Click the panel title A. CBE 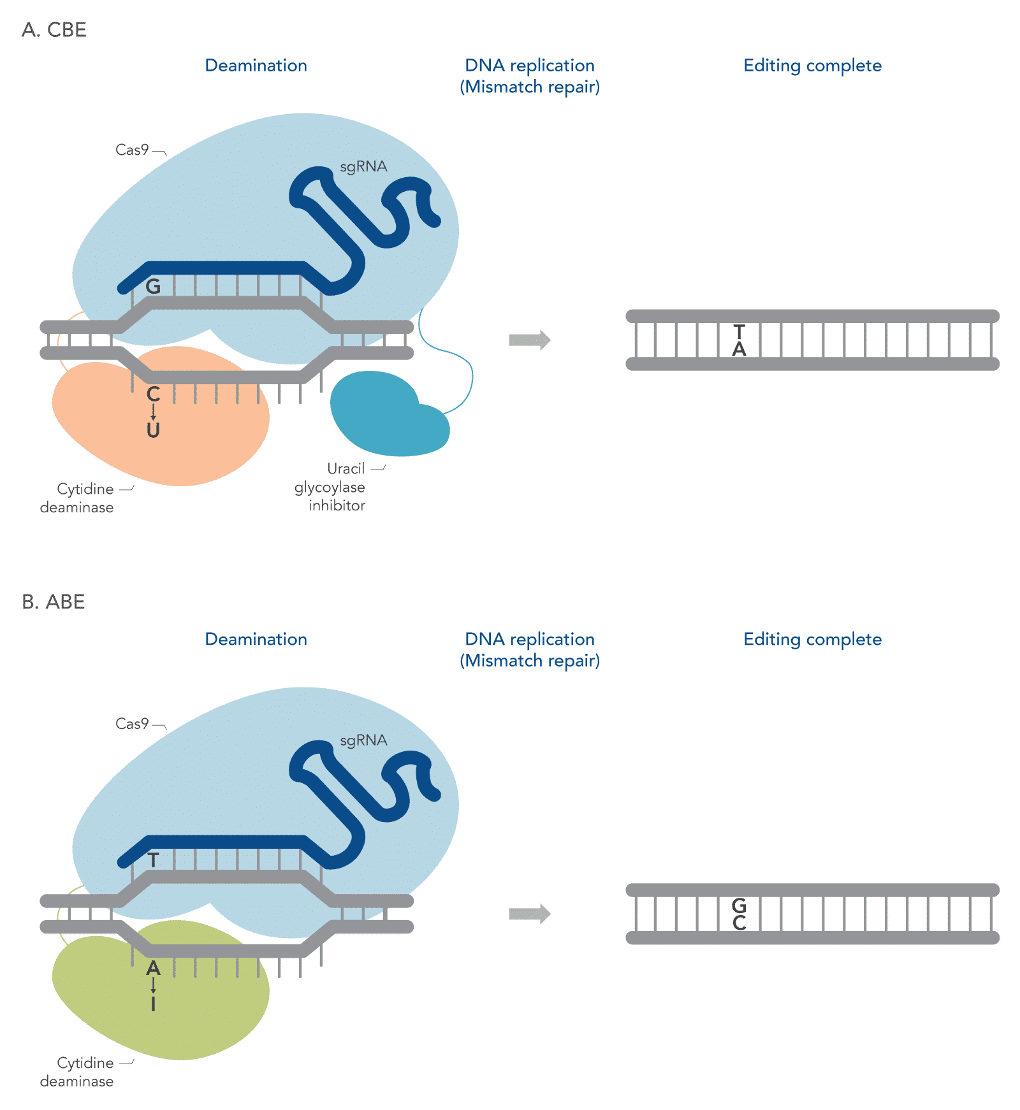(x=54, y=30)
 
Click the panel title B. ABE (x=54, y=602)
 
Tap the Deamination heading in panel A (x=256, y=66)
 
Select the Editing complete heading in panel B (x=812, y=639)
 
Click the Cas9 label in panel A (x=132, y=150)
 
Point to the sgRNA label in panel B (x=363, y=740)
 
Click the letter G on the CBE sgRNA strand (x=153, y=287)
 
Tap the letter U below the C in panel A (x=153, y=431)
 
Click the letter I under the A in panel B (x=153, y=1004)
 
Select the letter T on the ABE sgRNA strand (x=153, y=860)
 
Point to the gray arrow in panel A (x=529, y=340)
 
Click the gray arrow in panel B (x=529, y=914)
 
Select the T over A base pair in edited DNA (x=739, y=340)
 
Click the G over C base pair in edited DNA (x=739, y=914)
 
